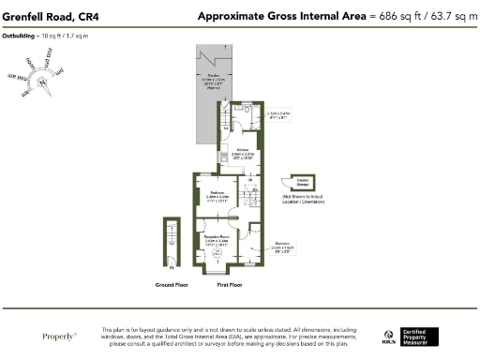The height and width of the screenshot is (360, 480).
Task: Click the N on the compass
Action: [x=43, y=82]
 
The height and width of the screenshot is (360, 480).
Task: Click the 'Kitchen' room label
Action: [x=241, y=150]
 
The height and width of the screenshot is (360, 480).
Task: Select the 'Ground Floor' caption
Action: [x=172, y=282]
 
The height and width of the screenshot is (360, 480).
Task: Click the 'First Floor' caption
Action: [x=231, y=282]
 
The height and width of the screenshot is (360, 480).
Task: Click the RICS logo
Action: [x=388, y=336]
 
